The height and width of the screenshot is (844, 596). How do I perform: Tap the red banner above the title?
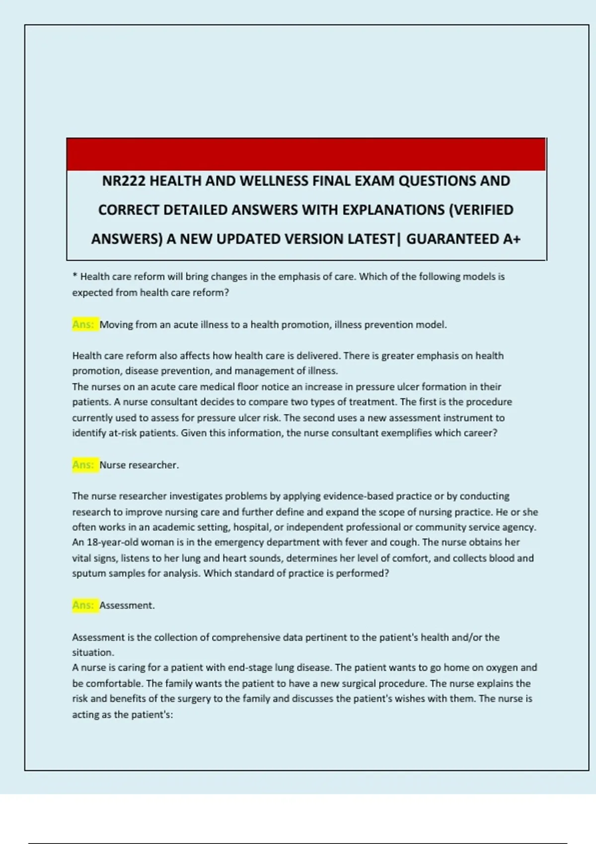[x=306, y=154]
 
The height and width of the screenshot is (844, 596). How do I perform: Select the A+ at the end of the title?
[x=512, y=239]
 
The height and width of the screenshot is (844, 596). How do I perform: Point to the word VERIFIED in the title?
[x=483, y=210]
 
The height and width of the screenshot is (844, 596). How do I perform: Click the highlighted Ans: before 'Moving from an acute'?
[x=83, y=325]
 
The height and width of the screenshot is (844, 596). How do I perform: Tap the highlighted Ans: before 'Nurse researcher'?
[x=83, y=465]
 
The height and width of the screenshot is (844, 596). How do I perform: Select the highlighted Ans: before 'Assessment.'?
[x=83, y=606]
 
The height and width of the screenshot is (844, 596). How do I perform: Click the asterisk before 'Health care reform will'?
[x=74, y=276]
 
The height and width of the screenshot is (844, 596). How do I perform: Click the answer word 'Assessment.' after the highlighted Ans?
[x=127, y=606]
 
